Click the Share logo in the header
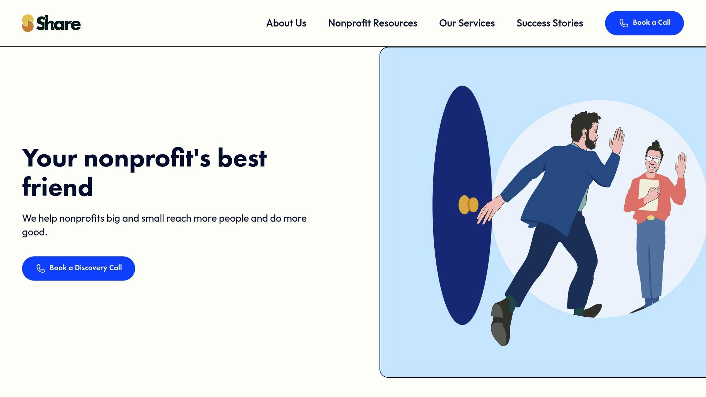(51, 23)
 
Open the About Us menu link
(286, 23)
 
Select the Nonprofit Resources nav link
(373, 23)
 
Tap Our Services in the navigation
(467, 23)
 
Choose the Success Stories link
(549, 23)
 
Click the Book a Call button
(644, 23)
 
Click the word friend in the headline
(58, 187)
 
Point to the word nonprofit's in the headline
(147, 159)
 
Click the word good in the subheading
(33, 232)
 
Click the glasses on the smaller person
(653, 159)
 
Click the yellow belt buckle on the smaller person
(650, 218)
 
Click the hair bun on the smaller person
(656, 144)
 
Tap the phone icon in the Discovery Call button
(41, 268)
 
